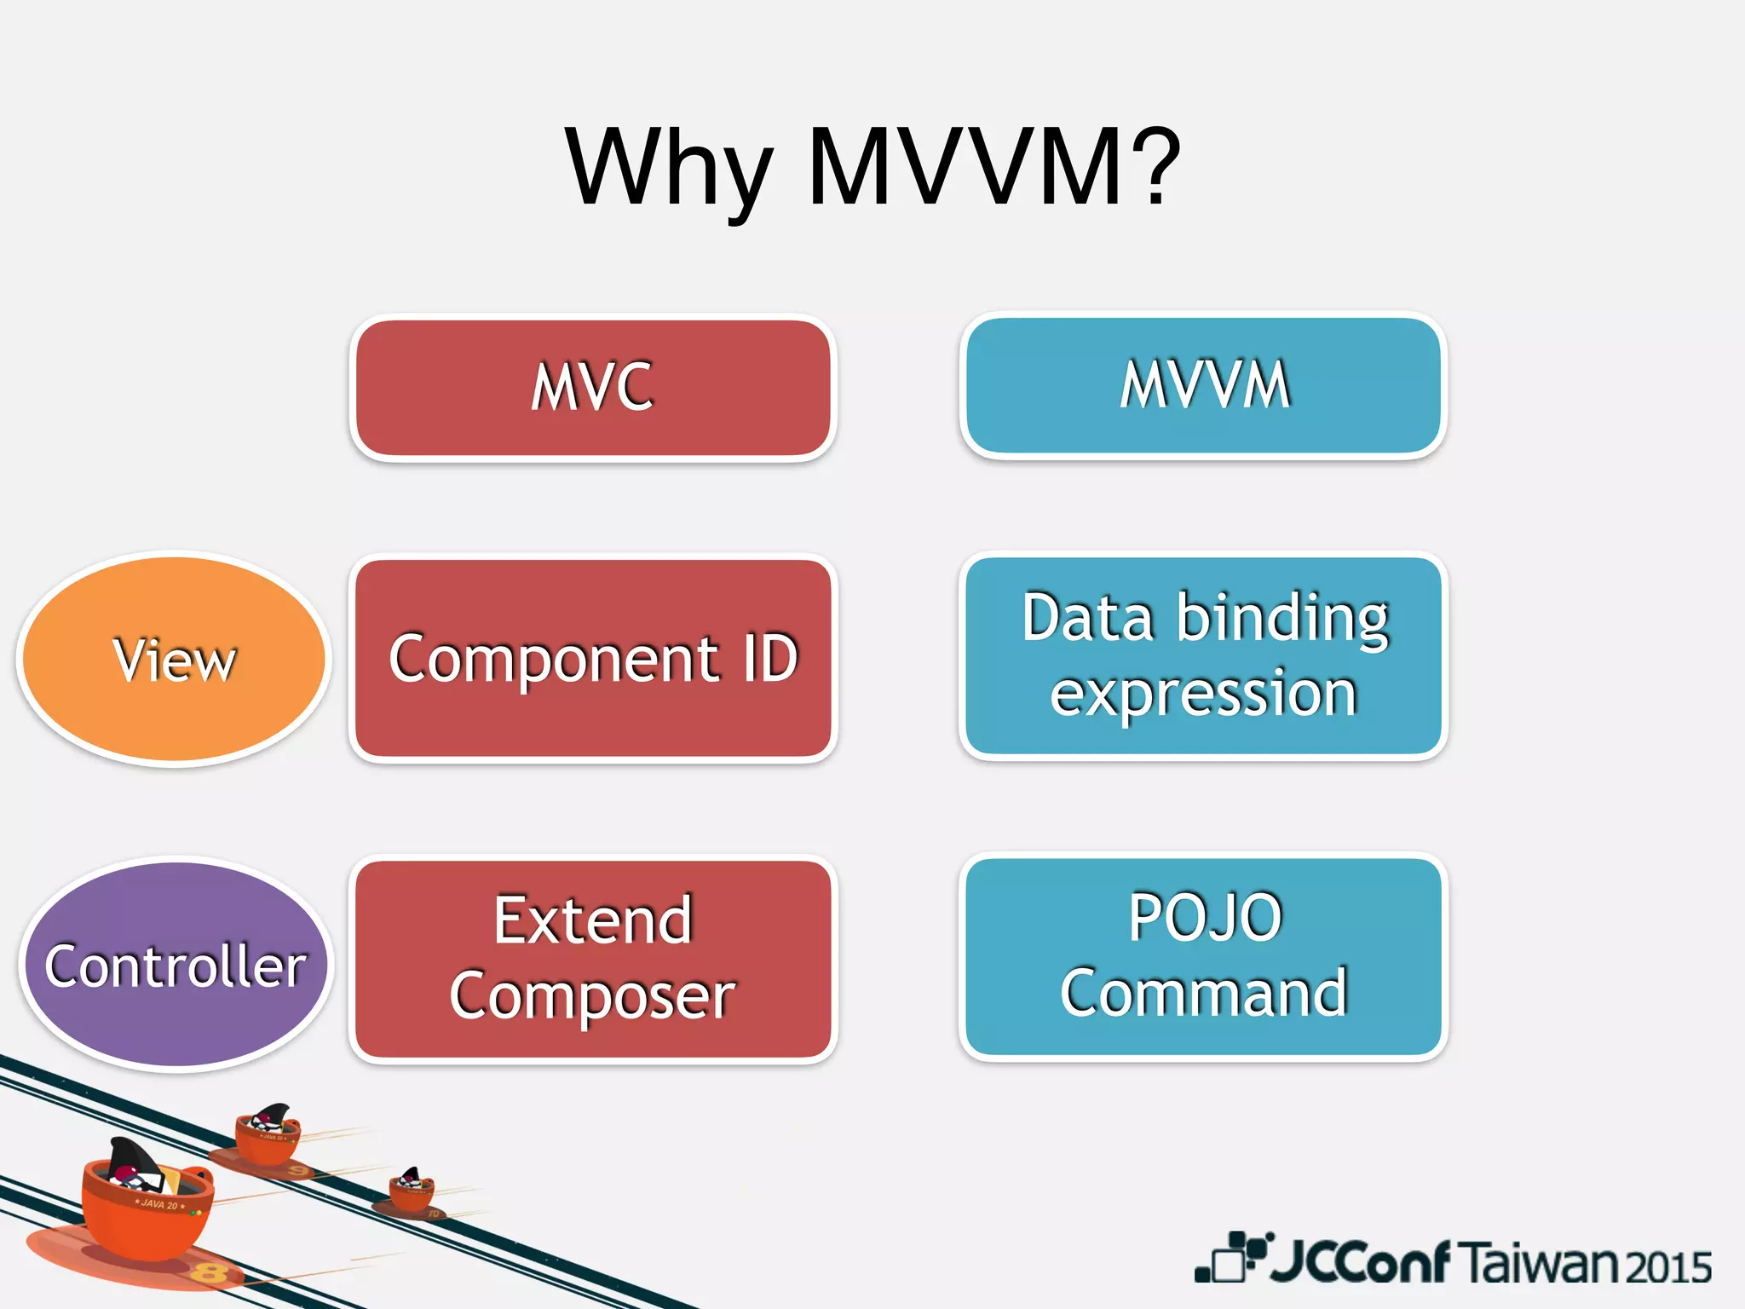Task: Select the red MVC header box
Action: point(593,388)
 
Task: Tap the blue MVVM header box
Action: point(1203,385)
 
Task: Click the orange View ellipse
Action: point(175,659)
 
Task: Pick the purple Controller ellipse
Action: point(176,965)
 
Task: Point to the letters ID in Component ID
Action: point(769,658)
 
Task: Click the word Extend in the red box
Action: point(593,920)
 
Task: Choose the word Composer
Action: point(593,995)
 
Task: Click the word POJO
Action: point(1205,918)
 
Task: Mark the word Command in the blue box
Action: point(1203,993)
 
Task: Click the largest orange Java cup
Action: point(147,1210)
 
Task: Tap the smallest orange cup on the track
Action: point(412,1191)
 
